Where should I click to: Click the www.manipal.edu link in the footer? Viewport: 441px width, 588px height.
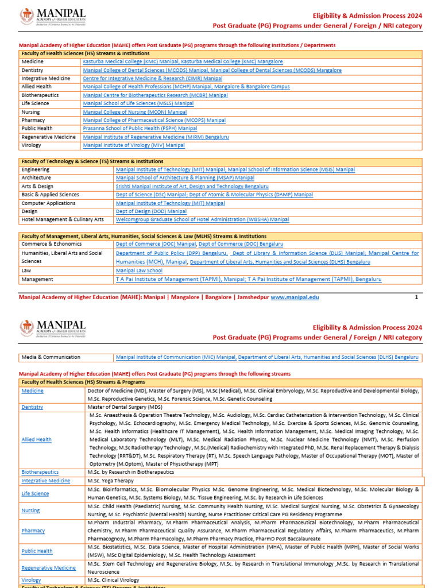point(295,297)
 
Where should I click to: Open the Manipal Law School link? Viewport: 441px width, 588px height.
point(139,270)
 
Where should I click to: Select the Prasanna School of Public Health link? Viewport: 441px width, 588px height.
point(140,129)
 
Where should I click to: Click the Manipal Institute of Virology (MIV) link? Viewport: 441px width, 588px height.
point(134,145)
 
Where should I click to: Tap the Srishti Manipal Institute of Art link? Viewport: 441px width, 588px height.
point(192,187)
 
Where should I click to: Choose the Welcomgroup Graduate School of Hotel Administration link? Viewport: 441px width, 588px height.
point(202,219)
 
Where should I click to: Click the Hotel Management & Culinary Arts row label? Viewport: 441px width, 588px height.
point(63,219)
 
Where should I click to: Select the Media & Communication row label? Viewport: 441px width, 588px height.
point(51,357)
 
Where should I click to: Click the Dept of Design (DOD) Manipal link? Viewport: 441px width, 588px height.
point(151,211)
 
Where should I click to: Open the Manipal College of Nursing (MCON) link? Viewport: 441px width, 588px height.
point(134,112)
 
